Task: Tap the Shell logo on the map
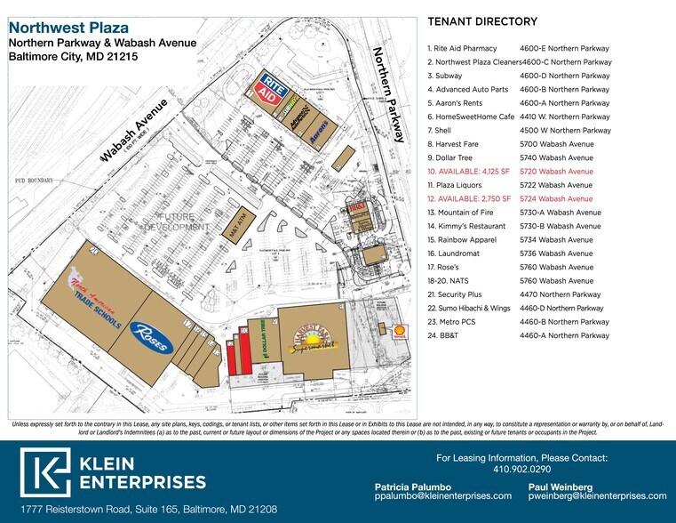(x=401, y=329)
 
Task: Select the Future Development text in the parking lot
(x=183, y=221)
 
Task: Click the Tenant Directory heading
(x=482, y=21)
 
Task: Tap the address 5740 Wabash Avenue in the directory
(x=556, y=157)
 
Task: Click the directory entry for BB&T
(x=446, y=335)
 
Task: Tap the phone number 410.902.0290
(x=522, y=470)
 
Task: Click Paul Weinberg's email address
(x=598, y=495)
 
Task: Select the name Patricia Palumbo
(x=414, y=486)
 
